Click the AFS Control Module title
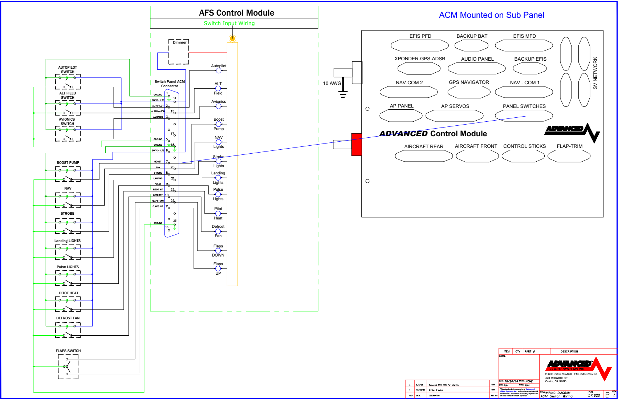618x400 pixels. (236, 13)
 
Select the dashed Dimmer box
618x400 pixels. (179, 52)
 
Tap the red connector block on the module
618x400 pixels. (357, 144)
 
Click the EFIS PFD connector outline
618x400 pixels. (419, 45)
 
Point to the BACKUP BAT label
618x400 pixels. (472, 36)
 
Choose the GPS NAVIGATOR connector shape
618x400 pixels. (469, 92)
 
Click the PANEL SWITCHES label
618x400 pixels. (524, 106)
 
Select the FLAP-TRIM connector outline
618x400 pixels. (569, 156)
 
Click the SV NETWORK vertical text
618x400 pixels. (595, 73)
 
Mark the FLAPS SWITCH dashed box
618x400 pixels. (68, 367)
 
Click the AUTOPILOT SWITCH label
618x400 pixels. (68, 69)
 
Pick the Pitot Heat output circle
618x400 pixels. (218, 213)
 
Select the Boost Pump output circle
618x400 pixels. (218, 124)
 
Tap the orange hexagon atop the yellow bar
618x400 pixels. (232, 38)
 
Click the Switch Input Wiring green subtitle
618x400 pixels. (229, 23)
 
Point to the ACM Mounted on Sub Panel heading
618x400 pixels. (491, 15)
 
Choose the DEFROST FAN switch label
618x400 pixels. (68, 318)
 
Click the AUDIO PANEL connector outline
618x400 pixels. (476, 68)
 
